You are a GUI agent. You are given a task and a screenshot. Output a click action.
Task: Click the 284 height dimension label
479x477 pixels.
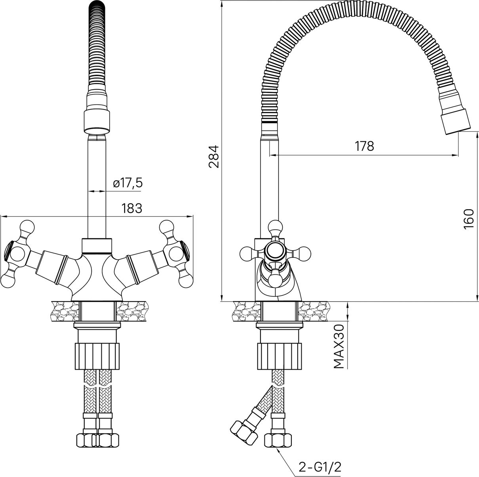tap(214, 157)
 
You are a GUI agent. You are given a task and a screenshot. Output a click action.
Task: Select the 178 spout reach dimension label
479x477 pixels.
tap(364, 146)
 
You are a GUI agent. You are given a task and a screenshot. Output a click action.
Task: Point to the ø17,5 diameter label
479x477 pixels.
tap(128, 183)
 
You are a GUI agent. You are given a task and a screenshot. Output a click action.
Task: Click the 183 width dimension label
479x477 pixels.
tap(132, 209)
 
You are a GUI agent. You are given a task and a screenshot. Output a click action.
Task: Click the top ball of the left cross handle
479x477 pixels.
tap(27, 227)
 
